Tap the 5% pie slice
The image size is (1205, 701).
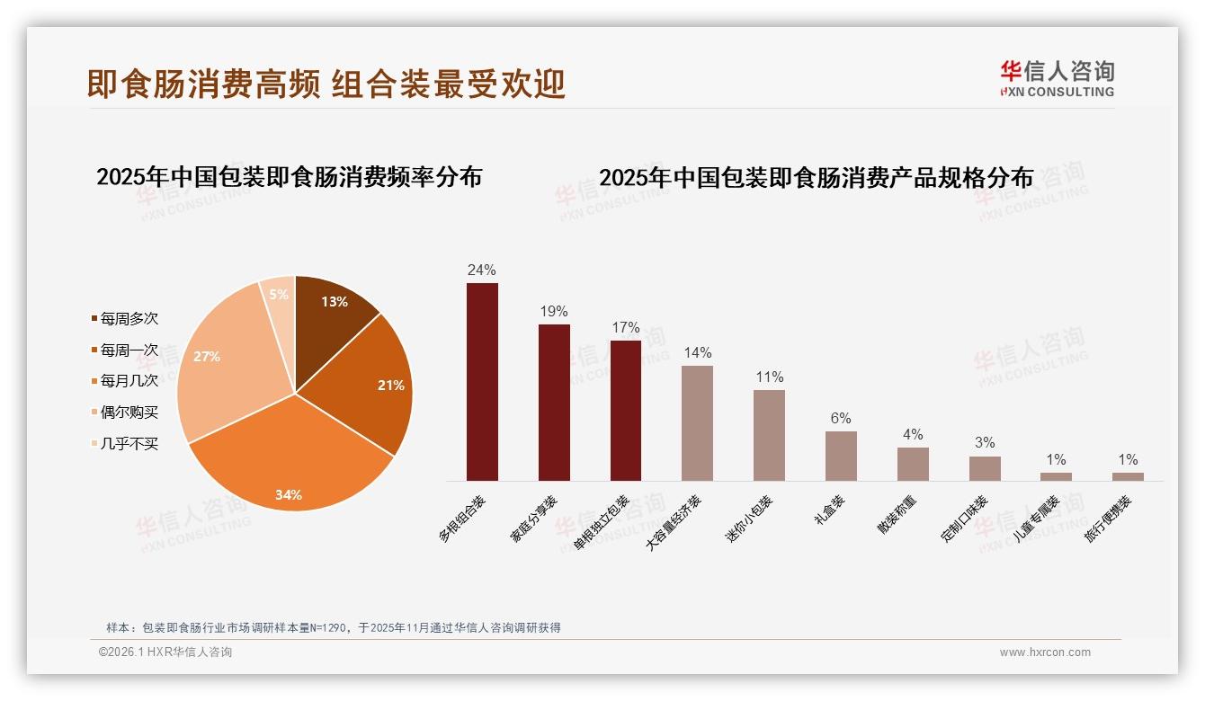(x=279, y=296)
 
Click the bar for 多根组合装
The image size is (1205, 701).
(x=482, y=382)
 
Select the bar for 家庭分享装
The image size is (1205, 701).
(x=554, y=403)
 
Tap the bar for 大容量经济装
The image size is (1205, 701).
(x=697, y=423)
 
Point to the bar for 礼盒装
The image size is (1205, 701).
(x=841, y=456)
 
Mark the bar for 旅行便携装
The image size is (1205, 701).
(x=1128, y=476)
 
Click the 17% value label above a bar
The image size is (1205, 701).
(x=625, y=328)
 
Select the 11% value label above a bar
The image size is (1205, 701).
(x=769, y=377)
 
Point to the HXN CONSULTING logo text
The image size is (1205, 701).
(x=1058, y=92)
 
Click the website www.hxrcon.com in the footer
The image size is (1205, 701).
(x=1045, y=652)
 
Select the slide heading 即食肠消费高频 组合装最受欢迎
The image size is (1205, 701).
(x=326, y=84)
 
